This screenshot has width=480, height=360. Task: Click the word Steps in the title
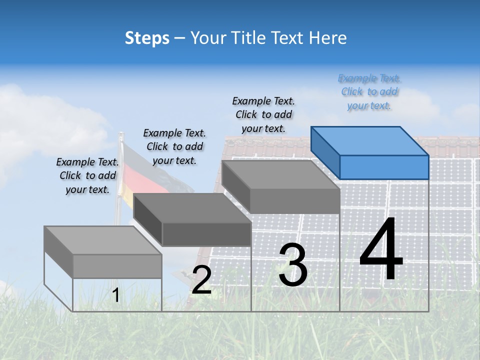(x=147, y=38)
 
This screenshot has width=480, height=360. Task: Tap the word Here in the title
(x=328, y=38)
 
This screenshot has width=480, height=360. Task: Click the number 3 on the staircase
(x=293, y=265)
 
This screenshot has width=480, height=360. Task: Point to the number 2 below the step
(x=201, y=280)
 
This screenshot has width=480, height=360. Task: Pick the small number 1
(x=116, y=295)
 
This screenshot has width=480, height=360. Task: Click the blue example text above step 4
(x=369, y=92)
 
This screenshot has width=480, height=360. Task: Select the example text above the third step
(x=263, y=114)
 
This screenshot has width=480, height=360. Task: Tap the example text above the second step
(x=174, y=146)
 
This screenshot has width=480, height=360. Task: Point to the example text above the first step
(x=87, y=175)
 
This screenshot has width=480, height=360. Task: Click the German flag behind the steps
(x=131, y=170)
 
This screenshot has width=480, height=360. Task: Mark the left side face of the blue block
(x=325, y=152)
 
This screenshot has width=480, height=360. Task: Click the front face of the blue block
(x=384, y=167)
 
